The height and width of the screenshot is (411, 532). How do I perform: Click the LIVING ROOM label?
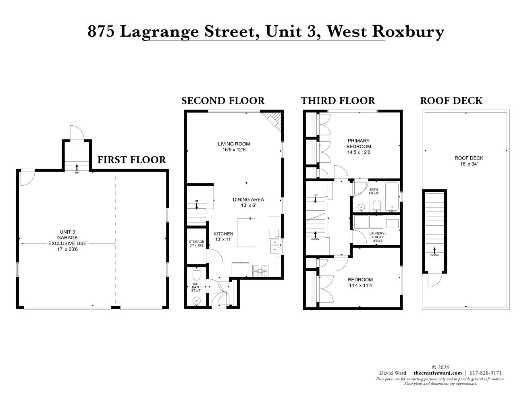point(234,144)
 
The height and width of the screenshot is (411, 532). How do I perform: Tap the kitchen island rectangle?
point(246,232)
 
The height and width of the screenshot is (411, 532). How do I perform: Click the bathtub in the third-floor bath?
point(392,197)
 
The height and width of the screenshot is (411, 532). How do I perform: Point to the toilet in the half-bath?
point(196,274)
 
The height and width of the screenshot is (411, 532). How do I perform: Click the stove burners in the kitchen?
point(260,271)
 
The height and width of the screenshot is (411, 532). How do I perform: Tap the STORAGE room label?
point(196,242)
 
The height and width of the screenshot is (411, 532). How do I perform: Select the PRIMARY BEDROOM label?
point(359,144)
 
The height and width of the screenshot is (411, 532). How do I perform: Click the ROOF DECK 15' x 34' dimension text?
point(469,164)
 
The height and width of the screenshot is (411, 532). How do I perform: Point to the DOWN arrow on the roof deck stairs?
point(434,250)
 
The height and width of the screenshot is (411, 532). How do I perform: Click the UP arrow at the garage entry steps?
point(77,168)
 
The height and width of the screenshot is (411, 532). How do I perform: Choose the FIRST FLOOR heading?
point(132,160)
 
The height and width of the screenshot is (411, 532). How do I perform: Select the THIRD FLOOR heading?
point(338,101)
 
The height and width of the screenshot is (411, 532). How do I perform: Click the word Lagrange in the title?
point(159,32)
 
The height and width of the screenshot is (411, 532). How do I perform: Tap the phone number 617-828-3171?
point(486,373)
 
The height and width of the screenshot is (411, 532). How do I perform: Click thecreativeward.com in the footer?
point(438,373)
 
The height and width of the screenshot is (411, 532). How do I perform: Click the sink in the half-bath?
point(196,301)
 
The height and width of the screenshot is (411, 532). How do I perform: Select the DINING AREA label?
point(248,199)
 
